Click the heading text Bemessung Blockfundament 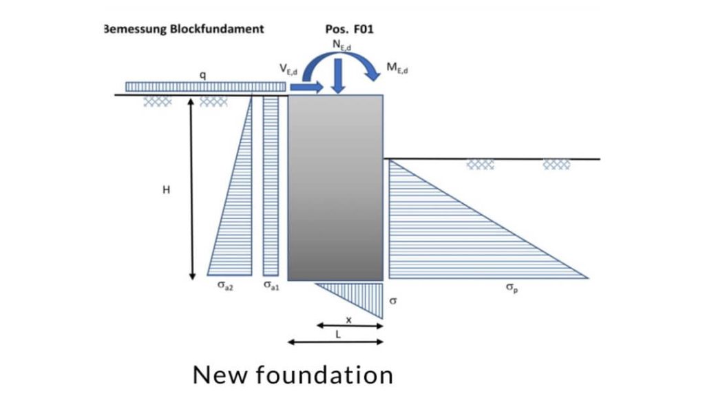183,30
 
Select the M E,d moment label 397,69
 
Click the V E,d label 288,69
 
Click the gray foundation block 335,187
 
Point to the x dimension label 348,320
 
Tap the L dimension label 337,333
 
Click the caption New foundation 293,375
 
